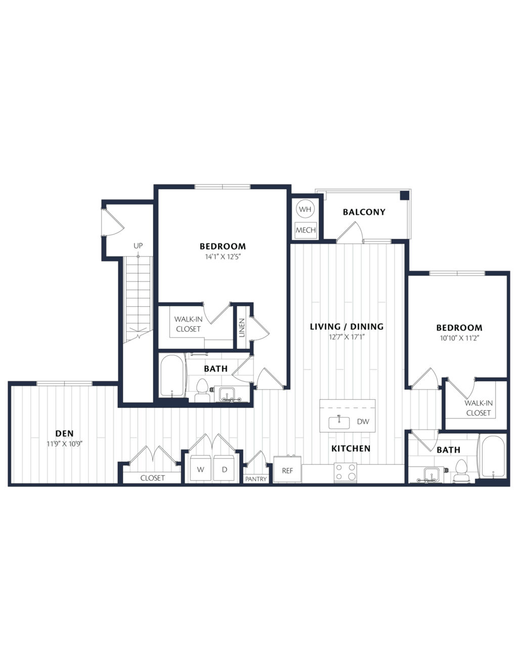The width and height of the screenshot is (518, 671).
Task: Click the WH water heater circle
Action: pyautogui.click(x=305, y=209)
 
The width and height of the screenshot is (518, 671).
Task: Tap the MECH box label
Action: pyautogui.click(x=306, y=230)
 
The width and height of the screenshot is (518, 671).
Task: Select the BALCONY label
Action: pyautogui.click(x=364, y=212)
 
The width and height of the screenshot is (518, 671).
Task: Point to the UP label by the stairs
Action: pyautogui.click(x=138, y=246)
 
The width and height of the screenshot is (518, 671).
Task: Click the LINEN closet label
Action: pyautogui.click(x=242, y=327)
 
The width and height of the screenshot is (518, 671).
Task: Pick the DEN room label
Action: pyautogui.click(x=65, y=434)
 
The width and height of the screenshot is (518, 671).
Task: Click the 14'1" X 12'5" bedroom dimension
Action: pyautogui.click(x=223, y=257)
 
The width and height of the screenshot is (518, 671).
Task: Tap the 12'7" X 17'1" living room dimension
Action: pyautogui.click(x=347, y=337)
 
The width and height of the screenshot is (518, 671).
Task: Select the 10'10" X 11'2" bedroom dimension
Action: pyautogui.click(x=459, y=338)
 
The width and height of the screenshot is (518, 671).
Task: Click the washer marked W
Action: pyautogui.click(x=201, y=470)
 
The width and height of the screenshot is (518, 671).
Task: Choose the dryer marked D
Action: pyautogui.click(x=225, y=470)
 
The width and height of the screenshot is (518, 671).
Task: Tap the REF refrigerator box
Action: pyautogui.click(x=287, y=471)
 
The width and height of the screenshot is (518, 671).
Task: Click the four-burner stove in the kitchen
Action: pyautogui.click(x=345, y=473)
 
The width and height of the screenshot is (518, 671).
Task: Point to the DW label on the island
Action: pyautogui.click(x=363, y=422)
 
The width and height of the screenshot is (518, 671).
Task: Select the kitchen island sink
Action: pyautogui.click(x=339, y=423)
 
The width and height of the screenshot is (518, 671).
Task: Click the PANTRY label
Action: pyautogui.click(x=255, y=479)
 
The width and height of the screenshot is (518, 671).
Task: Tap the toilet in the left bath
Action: pyautogui.click(x=202, y=390)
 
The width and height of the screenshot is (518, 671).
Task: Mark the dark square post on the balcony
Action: pyautogui.click(x=404, y=195)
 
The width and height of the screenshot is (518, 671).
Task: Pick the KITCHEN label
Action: pyautogui.click(x=351, y=449)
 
